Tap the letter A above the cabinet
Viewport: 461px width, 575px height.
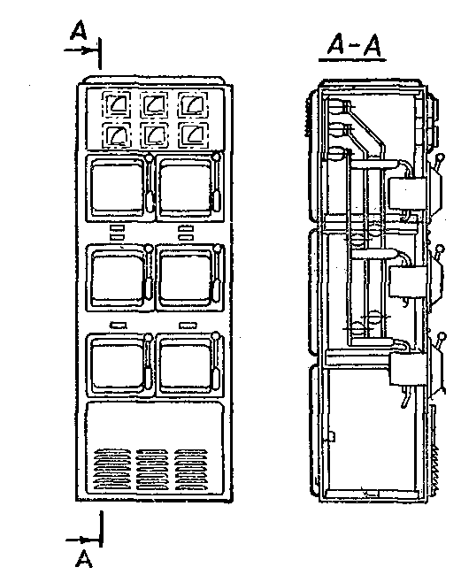pos(79,30)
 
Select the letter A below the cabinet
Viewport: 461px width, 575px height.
pos(84,558)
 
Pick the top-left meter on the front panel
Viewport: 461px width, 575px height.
pos(117,104)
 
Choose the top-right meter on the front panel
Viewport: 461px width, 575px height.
pos(193,104)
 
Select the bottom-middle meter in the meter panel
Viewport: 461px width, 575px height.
pos(155,135)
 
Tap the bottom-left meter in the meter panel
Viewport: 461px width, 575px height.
pos(117,135)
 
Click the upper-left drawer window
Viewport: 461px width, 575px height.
pos(116,188)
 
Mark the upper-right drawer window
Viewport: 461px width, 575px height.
pos(186,188)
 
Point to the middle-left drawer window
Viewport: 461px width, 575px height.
pos(117,277)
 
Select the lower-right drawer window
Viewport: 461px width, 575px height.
pos(186,364)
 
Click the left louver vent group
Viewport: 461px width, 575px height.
pos(112,469)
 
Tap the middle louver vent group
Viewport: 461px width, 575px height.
pos(152,469)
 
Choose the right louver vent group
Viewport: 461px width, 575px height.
pos(191,469)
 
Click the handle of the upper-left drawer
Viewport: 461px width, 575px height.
pos(149,182)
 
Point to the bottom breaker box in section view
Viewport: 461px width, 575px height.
pos(408,368)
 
